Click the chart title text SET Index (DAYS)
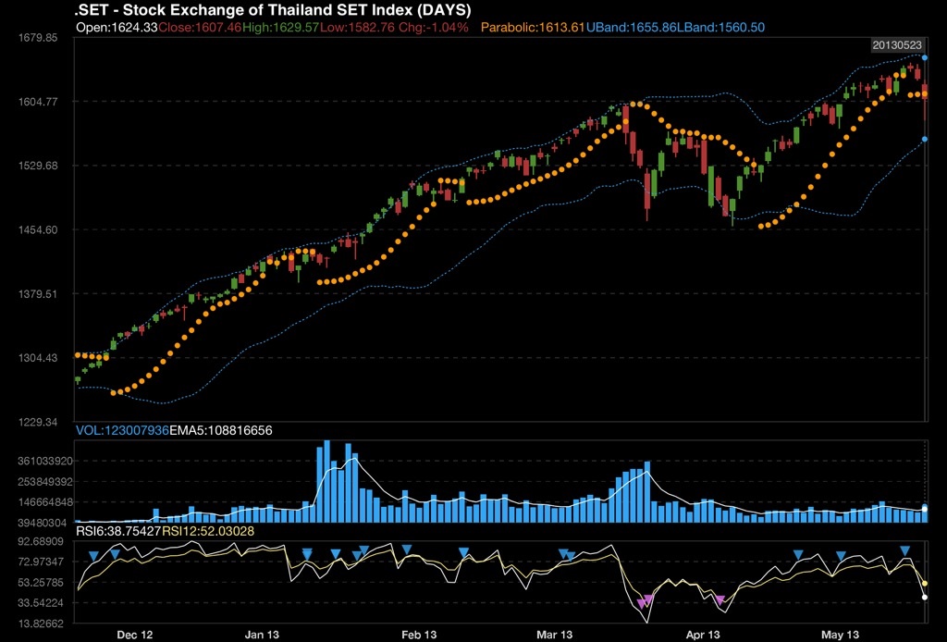point(273,10)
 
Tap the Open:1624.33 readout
point(116,28)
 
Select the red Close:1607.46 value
point(200,28)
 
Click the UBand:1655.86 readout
point(632,28)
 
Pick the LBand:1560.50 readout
point(721,28)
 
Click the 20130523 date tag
point(896,44)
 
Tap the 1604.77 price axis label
point(38,102)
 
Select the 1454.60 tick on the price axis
point(38,229)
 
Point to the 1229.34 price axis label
point(38,422)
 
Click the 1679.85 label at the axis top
point(38,38)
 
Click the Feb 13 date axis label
point(418,635)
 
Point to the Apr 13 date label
point(703,635)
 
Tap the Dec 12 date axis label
point(135,635)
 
